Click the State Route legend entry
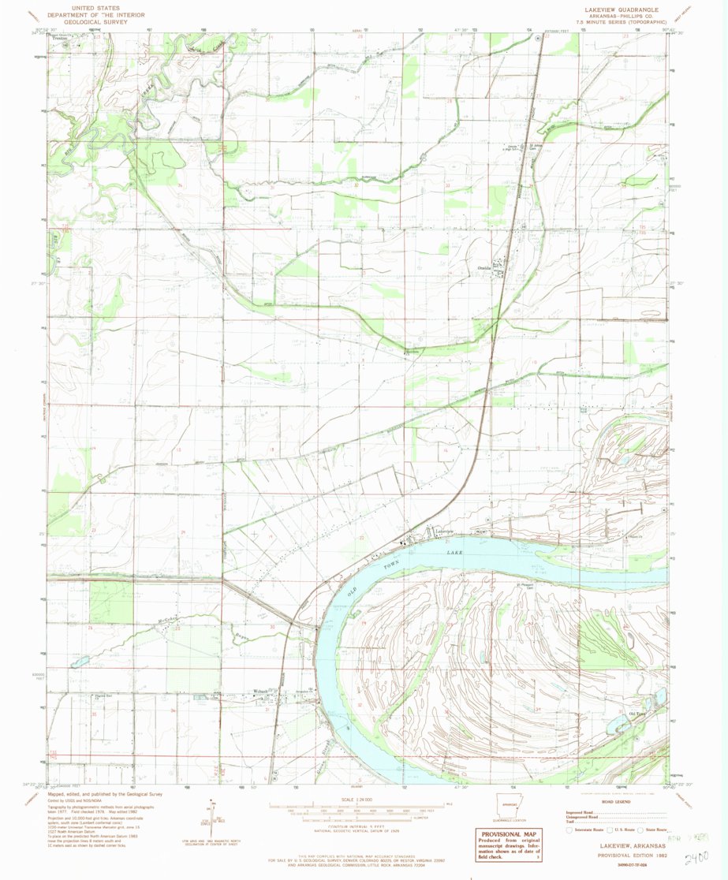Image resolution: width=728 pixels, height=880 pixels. [655, 830]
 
